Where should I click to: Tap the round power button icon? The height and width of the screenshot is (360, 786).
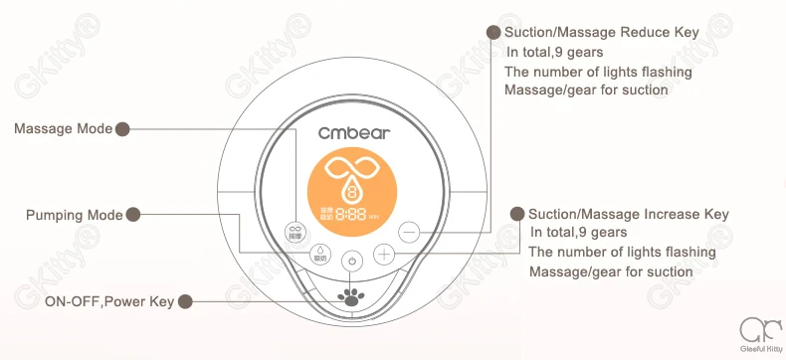point(350,262)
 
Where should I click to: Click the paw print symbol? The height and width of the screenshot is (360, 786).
point(350,296)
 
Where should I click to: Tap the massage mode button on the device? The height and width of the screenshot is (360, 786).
point(295,231)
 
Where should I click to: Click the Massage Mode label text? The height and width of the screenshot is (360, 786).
point(64,129)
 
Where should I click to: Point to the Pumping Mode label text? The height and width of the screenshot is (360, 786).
point(75,215)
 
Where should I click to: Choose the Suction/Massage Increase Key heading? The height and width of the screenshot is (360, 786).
point(628,214)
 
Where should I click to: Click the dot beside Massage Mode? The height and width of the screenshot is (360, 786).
point(122,129)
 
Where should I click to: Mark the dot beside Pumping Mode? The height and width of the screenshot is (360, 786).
point(133,215)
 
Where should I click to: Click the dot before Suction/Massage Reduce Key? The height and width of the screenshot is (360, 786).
point(492,33)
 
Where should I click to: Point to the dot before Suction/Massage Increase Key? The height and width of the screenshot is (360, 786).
point(516,214)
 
